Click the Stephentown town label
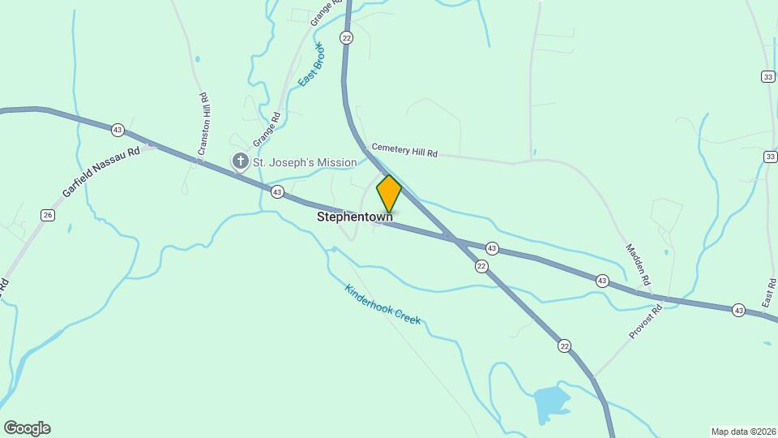click(354, 217)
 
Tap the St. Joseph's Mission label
click(304, 162)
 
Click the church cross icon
click(240, 162)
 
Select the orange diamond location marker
click(389, 194)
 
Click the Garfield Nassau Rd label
click(100, 173)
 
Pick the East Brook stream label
click(310, 64)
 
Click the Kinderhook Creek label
click(383, 304)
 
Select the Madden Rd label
click(638, 264)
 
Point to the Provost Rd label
click(647, 322)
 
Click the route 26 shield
click(48, 215)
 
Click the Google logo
click(27, 428)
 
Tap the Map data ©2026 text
click(743, 432)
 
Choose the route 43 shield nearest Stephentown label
click(278, 192)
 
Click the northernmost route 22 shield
click(347, 38)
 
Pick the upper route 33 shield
click(767, 76)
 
